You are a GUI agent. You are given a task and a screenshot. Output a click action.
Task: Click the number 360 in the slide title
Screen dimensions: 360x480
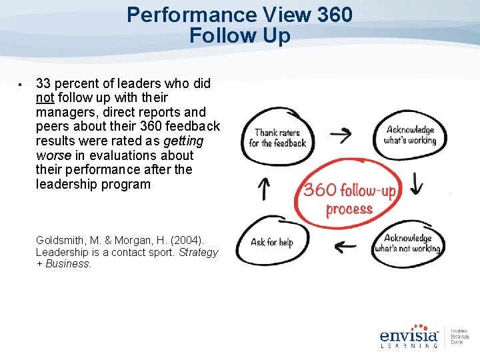point(331,15)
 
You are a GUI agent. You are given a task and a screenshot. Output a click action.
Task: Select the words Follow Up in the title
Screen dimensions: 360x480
point(240,35)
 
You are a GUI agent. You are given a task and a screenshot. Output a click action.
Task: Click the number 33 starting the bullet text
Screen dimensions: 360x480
point(44,84)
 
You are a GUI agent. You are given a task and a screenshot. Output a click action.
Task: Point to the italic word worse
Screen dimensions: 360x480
point(53,155)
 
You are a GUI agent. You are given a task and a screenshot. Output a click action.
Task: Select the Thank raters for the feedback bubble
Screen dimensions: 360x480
point(277,137)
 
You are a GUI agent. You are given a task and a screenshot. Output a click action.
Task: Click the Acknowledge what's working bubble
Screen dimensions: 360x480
point(410,135)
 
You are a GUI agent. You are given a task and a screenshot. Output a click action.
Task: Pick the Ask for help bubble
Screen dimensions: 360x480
point(272,242)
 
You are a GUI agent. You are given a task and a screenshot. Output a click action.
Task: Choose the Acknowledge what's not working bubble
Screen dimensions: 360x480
point(408,243)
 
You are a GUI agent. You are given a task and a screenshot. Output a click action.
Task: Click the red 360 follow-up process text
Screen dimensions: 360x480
point(349,199)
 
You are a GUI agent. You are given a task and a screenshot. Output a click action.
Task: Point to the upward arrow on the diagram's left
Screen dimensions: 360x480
point(264,191)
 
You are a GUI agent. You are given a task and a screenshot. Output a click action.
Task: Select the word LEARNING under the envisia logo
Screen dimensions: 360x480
point(409,345)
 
